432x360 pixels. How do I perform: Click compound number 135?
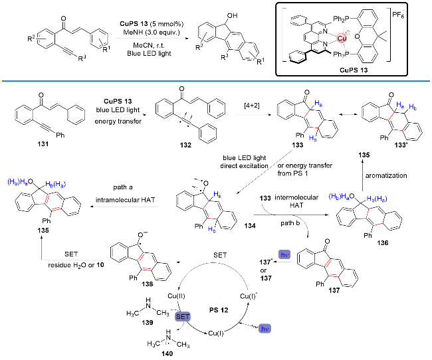[x=43, y=231]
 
